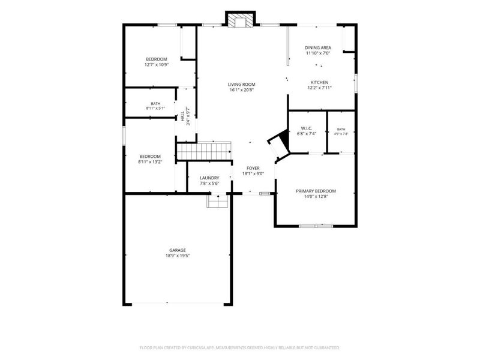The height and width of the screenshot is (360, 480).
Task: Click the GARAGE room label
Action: (x=178, y=250)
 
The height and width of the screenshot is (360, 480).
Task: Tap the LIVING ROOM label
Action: (x=242, y=84)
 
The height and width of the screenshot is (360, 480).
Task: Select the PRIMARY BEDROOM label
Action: (x=316, y=191)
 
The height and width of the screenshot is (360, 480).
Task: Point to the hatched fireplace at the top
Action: (x=241, y=20)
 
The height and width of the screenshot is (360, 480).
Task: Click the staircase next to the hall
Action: (x=204, y=151)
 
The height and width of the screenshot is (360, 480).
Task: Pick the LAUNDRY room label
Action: (x=209, y=178)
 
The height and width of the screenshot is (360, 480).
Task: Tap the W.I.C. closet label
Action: (x=307, y=128)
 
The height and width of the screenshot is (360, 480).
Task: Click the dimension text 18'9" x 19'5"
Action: (x=178, y=256)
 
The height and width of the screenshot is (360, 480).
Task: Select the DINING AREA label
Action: (x=318, y=48)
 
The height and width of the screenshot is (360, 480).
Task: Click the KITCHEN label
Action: (x=320, y=82)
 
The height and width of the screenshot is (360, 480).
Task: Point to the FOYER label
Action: (x=253, y=168)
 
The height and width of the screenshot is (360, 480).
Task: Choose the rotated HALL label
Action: (x=183, y=116)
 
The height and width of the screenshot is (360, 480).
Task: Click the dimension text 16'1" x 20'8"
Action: (x=242, y=90)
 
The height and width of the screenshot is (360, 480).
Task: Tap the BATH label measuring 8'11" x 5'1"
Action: (x=155, y=104)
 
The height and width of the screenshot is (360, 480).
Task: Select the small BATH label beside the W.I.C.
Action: (x=341, y=130)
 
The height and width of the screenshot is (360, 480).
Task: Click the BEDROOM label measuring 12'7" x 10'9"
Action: (x=157, y=59)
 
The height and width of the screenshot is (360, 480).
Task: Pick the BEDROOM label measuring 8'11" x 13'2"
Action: (x=150, y=157)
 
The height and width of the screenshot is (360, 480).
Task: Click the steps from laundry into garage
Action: (x=218, y=201)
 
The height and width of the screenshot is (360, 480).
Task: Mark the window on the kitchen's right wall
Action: (x=356, y=83)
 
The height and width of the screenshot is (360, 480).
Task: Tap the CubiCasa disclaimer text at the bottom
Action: (x=239, y=348)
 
